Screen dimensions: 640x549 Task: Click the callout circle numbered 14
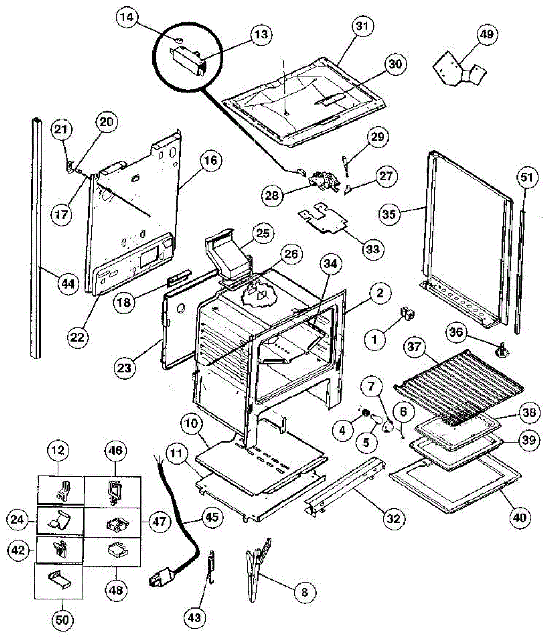pyautogui.click(x=127, y=18)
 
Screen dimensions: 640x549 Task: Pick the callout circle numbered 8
pyautogui.click(x=304, y=591)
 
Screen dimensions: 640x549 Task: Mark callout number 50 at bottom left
pyautogui.click(x=62, y=620)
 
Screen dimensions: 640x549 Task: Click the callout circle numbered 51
pyautogui.click(x=526, y=179)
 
